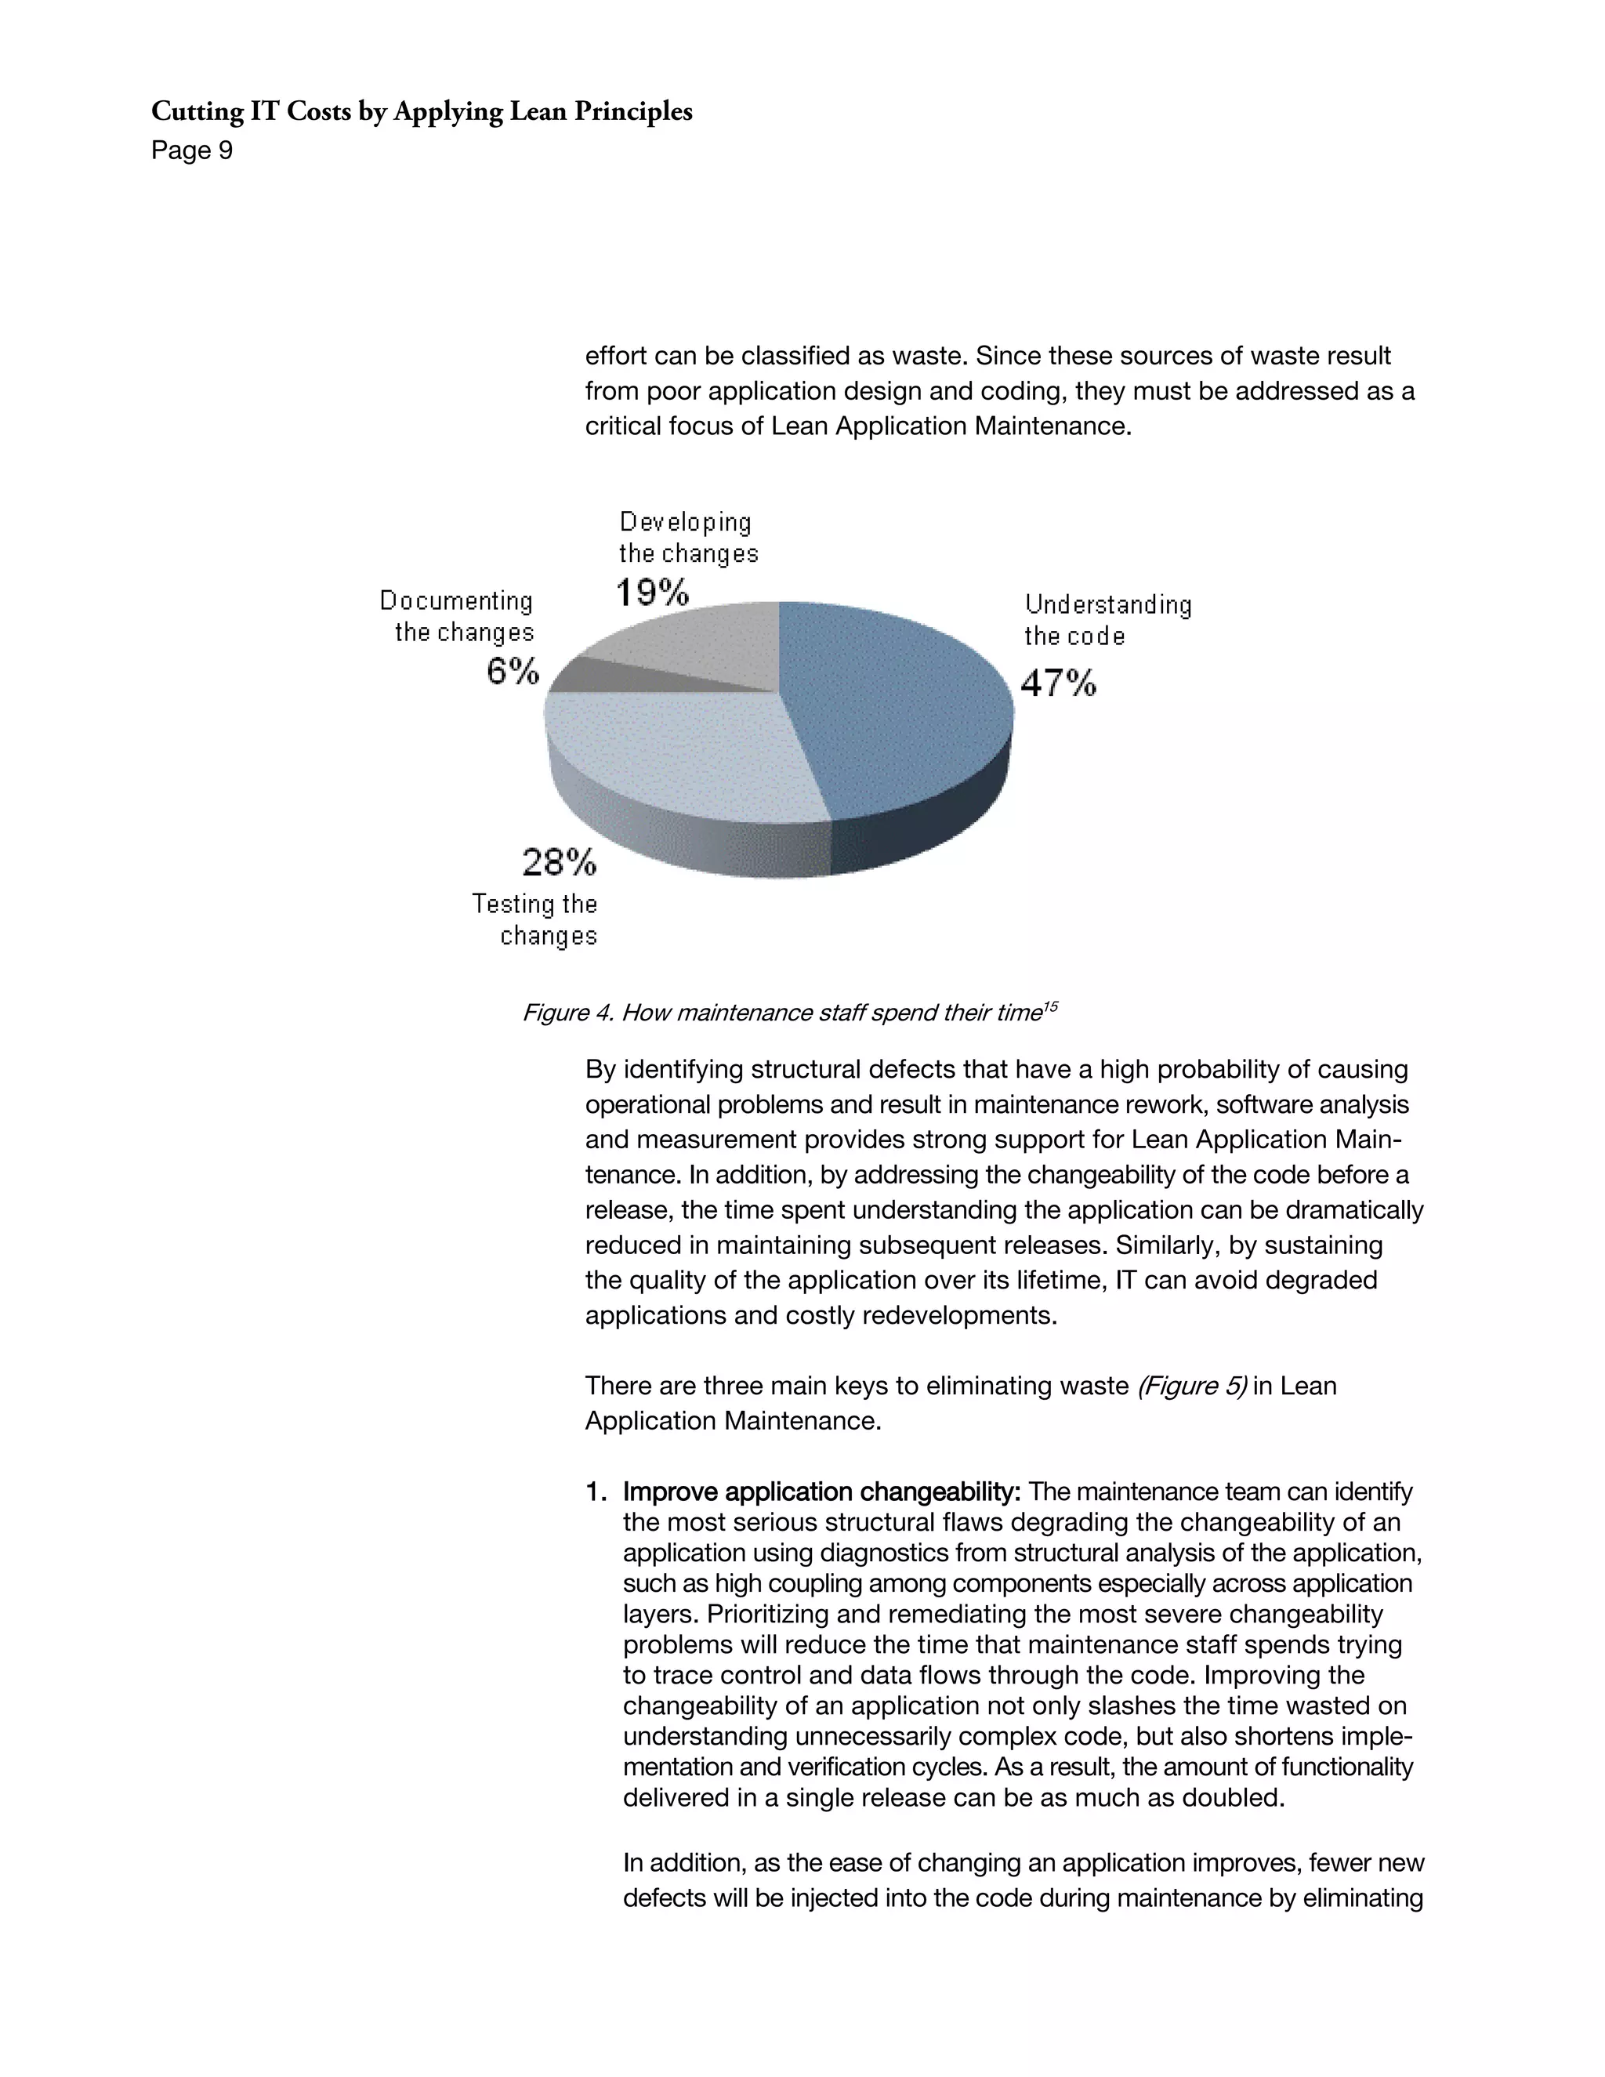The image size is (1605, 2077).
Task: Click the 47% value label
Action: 1058,683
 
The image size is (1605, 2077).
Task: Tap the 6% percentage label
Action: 513,672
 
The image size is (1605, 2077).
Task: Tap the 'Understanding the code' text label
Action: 1107,620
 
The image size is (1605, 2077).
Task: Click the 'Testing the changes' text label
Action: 535,919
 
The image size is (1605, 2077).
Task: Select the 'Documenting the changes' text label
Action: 458,616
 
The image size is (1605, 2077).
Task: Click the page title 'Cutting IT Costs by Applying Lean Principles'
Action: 421,112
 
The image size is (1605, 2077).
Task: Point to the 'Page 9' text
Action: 191,151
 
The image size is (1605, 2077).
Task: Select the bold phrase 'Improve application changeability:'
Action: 821,1492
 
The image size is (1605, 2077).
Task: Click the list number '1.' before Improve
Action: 596,1492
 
